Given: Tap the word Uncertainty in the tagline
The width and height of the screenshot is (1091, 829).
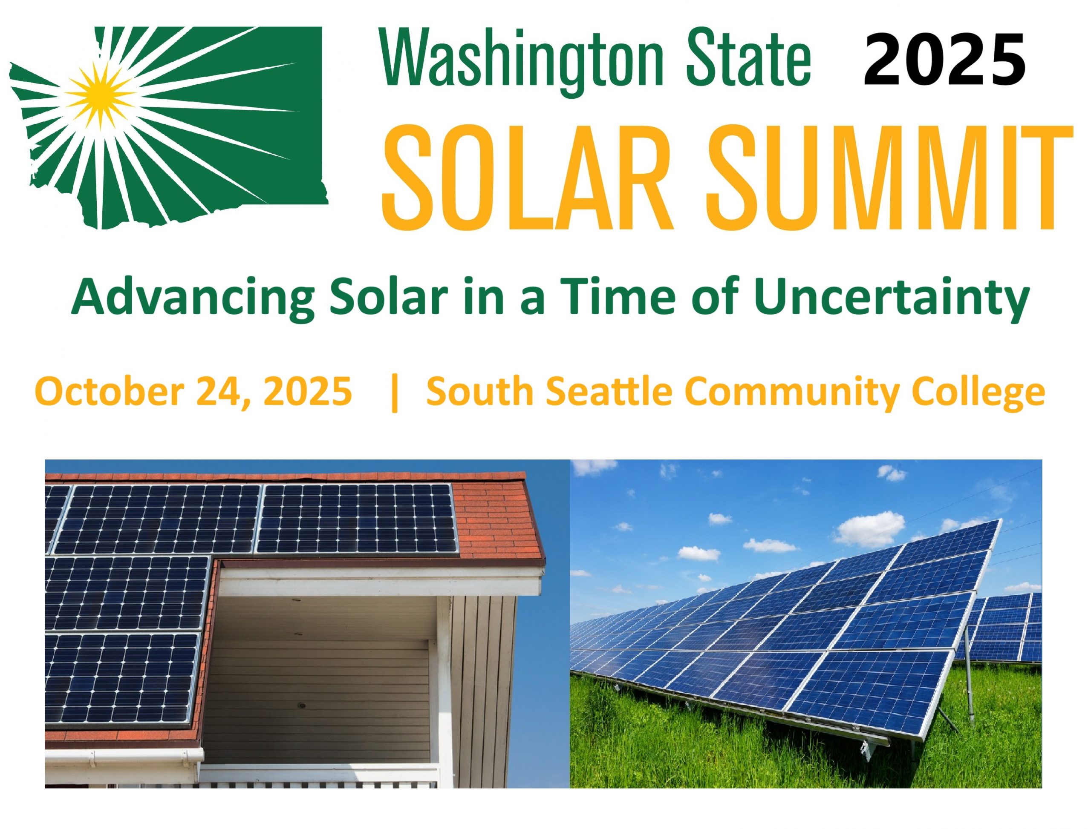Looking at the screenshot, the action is click(892, 299).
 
